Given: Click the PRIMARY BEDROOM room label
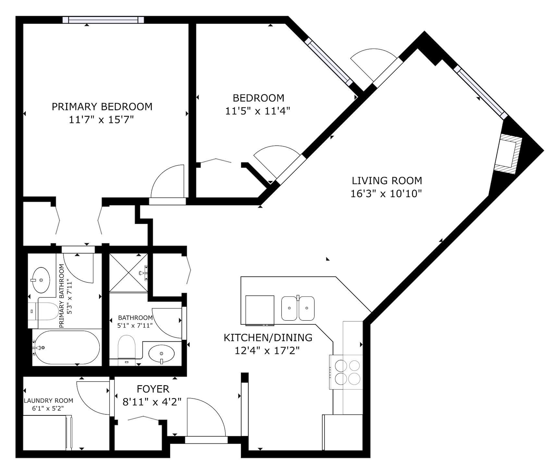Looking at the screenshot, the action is tap(102, 107).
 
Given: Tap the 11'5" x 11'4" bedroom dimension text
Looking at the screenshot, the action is tap(258, 111).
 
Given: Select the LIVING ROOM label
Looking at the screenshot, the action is tap(387, 180).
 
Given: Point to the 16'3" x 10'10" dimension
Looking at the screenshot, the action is tap(386, 194).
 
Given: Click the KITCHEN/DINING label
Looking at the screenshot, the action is tap(268, 337).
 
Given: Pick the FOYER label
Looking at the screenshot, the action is tap(153, 389).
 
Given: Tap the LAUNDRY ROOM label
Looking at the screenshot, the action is tap(48, 401).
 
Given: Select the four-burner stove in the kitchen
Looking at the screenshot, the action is tap(346, 372).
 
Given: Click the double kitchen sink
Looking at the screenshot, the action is tap(298, 308).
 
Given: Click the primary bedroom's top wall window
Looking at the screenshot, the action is tap(103, 20).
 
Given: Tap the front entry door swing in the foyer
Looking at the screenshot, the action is tap(206, 416).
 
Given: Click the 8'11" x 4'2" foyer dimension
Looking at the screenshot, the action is tap(152, 402).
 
